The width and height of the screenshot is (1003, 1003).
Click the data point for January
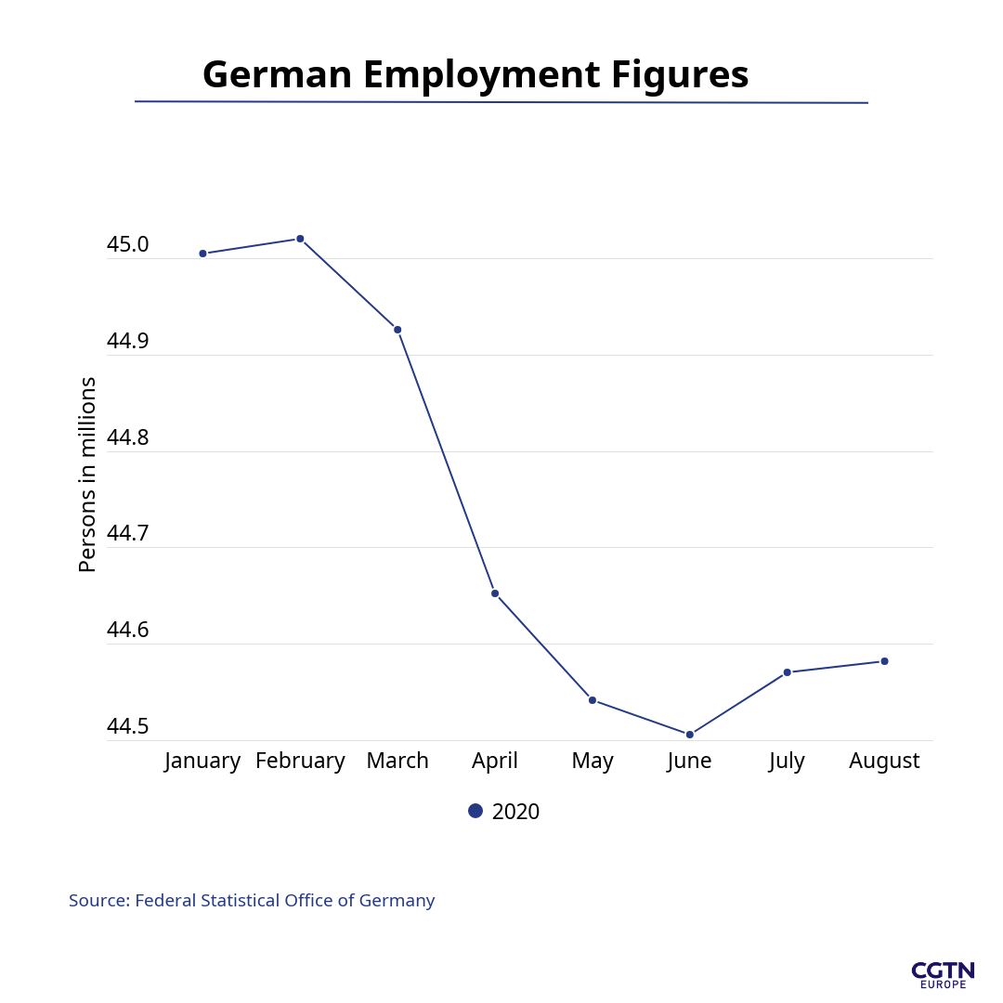click(202, 254)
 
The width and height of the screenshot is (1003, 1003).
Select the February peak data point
click(300, 239)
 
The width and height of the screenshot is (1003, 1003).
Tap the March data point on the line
click(397, 330)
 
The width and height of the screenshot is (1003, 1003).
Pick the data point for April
click(495, 593)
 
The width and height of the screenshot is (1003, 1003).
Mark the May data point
click(593, 700)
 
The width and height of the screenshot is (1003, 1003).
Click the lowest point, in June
click(690, 735)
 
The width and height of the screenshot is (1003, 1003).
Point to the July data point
click(787, 672)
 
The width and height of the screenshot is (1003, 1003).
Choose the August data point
click(884, 661)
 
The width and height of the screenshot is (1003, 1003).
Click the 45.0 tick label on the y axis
click(127, 244)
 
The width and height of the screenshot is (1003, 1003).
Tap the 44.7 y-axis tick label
click(127, 533)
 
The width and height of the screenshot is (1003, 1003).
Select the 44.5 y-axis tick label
click(127, 726)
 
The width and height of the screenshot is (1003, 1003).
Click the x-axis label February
click(300, 761)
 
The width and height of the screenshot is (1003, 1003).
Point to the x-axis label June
click(689, 761)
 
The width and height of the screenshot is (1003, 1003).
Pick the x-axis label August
click(884, 761)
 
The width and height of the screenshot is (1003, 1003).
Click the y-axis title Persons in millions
click(87, 474)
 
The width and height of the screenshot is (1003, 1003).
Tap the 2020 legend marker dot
click(475, 811)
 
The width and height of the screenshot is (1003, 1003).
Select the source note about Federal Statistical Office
click(252, 900)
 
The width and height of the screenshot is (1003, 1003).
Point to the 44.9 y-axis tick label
click(127, 341)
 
